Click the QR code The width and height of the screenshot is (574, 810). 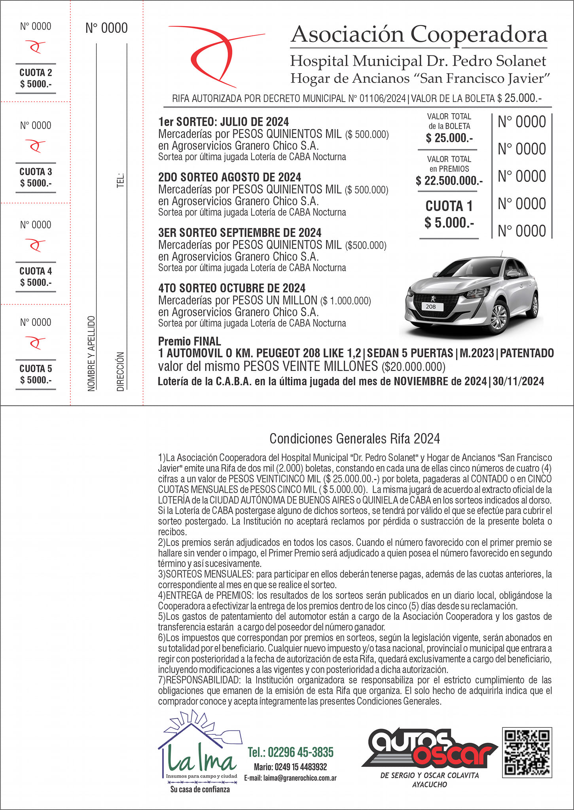click(527, 752)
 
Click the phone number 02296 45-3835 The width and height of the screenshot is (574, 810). click(290, 752)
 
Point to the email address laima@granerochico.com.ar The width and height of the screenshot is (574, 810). click(290, 778)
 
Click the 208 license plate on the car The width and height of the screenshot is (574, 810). click(431, 307)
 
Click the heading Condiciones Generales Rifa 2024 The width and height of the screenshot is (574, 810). click(354, 439)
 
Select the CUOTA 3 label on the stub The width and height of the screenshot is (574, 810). click(36, 172)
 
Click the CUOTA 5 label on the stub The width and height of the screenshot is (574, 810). click(36, 369)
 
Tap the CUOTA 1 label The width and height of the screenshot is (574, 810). click(449, 206)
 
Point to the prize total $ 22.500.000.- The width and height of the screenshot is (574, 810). click(449, 181)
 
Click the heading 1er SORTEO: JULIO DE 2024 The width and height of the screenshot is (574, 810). click(224, 122)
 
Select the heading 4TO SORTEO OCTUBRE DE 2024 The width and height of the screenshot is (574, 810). click(232, 288)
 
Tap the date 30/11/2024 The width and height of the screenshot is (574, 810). click(518, 381)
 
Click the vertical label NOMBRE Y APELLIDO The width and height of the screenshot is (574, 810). click(91, 353)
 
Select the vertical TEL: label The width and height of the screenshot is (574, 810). click(121, 180)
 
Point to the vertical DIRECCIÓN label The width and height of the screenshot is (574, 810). click(121, 371)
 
